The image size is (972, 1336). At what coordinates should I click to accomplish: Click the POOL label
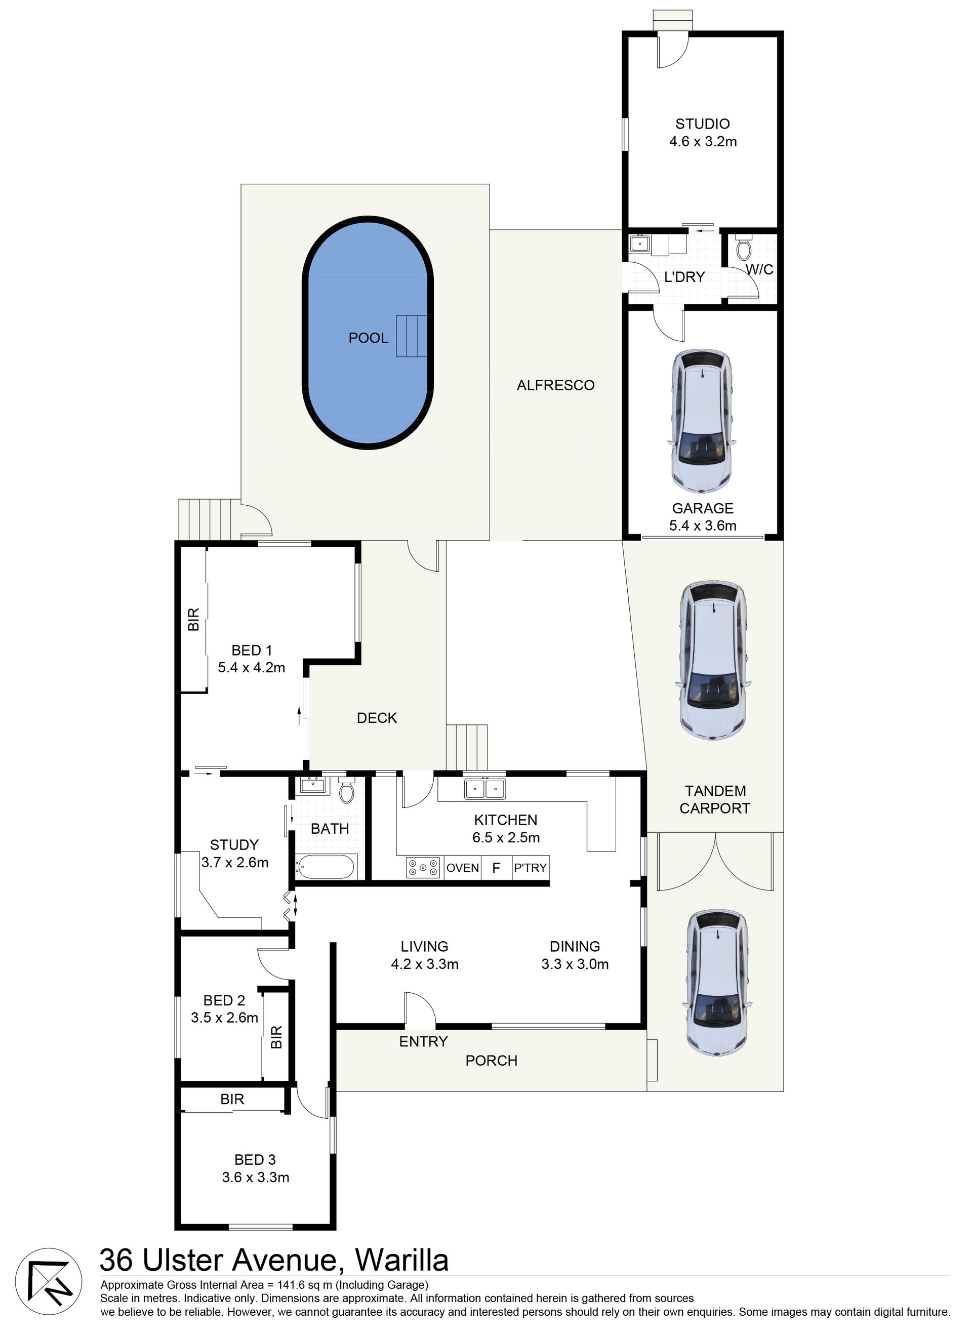(x=368, y=338)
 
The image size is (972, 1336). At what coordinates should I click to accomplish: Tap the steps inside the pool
(x=411, y=336)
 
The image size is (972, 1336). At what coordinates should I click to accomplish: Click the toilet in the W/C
(x=744, y=248)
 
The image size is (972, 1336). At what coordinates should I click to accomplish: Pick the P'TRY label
(x=530, y=868)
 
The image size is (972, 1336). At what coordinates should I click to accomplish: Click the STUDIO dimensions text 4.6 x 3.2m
(x=703, y=141)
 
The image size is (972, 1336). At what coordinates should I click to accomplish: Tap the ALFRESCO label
(x=555, y=385)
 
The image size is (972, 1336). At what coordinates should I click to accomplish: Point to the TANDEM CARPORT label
(x=714, y=799)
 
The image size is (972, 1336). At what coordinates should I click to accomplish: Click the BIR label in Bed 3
(x=232, y=1100)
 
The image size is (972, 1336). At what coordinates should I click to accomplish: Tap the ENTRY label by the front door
(x=424, y=1041)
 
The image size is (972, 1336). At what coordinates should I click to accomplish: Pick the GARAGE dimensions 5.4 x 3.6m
(x=703, y=525)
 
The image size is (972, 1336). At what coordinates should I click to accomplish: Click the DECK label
(x=377, y=718)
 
